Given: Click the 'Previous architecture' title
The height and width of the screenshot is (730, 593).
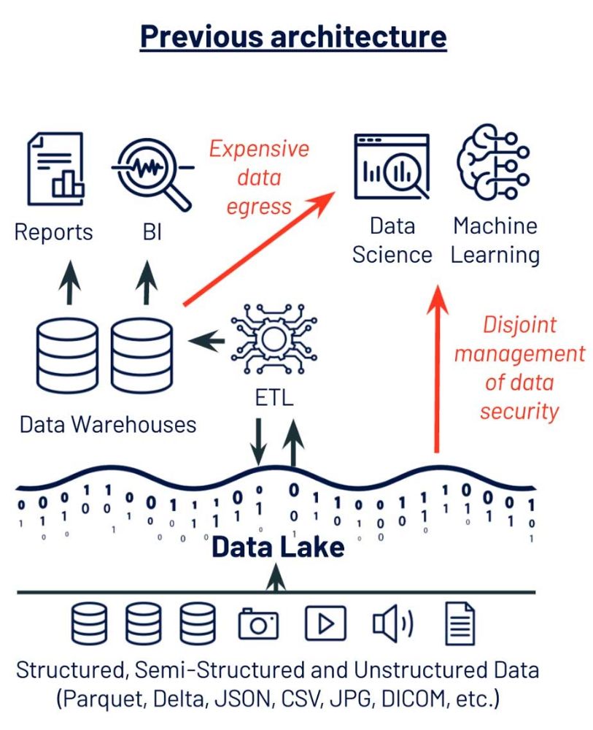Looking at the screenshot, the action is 293,37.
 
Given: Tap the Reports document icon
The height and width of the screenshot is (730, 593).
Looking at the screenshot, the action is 55,169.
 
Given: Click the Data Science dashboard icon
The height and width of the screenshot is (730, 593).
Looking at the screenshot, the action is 392,167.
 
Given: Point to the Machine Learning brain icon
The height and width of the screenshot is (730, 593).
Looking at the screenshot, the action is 493,161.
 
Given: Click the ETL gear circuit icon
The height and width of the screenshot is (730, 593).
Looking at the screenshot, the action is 274,339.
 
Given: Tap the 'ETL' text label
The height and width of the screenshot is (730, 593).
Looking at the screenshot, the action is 274,398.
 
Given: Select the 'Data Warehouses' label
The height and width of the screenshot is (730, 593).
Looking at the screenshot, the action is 108,425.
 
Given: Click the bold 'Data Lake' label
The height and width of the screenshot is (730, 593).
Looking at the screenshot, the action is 278,547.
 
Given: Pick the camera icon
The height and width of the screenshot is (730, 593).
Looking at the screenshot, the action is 258,623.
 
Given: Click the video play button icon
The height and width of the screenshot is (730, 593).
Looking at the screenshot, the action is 325,623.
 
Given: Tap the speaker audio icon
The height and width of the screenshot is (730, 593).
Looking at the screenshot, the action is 392,623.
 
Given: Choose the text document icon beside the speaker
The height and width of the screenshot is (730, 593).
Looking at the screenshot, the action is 460,623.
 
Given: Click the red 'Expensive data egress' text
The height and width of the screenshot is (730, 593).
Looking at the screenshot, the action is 259,177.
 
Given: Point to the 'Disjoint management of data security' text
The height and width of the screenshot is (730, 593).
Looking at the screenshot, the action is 519,368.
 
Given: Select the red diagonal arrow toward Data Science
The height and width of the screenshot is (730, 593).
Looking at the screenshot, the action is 259,248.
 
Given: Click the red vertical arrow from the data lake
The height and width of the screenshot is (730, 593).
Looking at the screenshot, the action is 437,368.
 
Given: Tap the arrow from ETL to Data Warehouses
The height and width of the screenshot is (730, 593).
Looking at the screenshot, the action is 206,341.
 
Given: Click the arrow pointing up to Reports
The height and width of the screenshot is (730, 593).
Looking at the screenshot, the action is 69,282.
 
